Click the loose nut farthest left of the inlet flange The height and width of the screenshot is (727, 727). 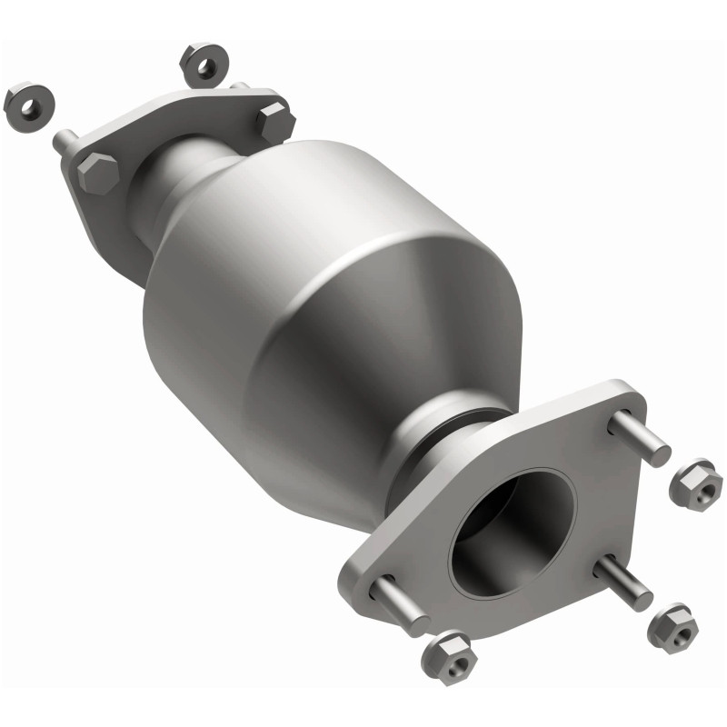tap(25, 105)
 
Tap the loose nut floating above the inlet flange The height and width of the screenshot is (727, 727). tap(203, 63)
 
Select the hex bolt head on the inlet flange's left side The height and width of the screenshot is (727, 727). tap(97, 172)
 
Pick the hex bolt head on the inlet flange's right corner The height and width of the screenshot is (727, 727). tap(274, 122)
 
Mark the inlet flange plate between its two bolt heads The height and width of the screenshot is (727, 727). tap(182, 136)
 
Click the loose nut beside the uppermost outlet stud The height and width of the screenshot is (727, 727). tap(695, 483)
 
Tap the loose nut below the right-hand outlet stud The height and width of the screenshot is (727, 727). tap(673, 626)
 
